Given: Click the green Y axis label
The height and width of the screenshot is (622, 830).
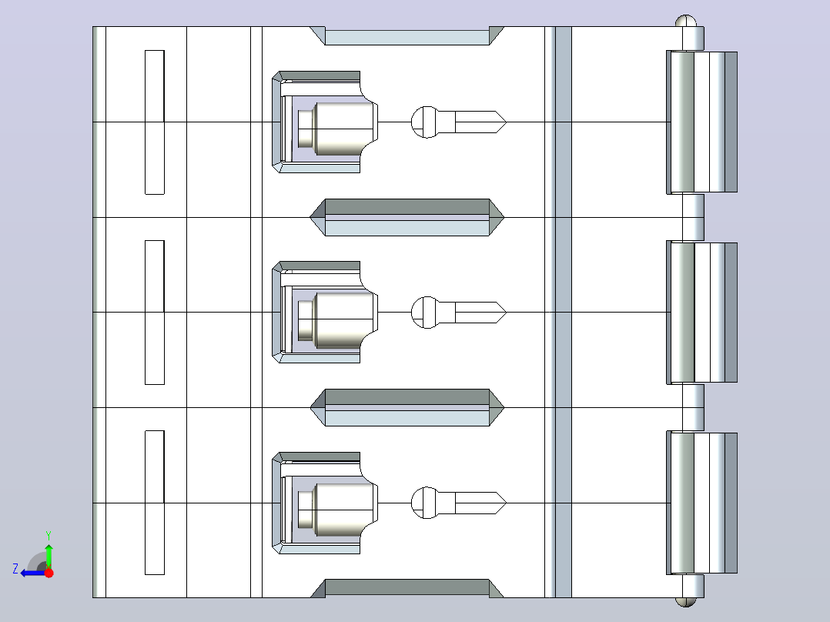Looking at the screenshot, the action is (49, 536).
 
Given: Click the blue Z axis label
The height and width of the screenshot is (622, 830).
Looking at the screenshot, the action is (15, 569).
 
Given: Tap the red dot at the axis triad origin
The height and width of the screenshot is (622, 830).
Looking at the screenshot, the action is (49, 573).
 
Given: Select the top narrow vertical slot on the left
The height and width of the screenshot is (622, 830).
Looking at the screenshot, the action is (155, 122).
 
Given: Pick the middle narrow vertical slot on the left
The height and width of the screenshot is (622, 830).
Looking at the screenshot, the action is (155, 313).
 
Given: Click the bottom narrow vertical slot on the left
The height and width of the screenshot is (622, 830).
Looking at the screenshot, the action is (155, 503).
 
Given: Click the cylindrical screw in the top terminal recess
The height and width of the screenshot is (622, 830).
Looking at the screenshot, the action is (336, 129).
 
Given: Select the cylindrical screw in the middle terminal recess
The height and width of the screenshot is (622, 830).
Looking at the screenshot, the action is (336, 319).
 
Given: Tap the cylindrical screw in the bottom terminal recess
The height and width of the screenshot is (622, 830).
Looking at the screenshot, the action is (336, 509).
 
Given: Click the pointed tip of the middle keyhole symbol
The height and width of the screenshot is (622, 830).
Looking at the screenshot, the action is (506, 313).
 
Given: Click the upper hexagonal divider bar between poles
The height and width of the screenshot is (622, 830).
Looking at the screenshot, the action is (407, 218).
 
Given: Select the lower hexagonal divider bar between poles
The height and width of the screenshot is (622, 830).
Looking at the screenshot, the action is (407, 407).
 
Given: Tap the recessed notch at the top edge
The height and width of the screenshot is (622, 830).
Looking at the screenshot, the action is (407, 35).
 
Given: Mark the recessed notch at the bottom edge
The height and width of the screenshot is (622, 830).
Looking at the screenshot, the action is (407, 589).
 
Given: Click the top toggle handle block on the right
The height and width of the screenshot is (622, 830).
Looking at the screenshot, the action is (702, 122).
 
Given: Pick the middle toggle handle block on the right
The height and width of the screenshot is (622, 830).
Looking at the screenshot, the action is (702, 313).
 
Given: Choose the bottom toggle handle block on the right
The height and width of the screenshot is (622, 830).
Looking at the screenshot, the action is (702, 503).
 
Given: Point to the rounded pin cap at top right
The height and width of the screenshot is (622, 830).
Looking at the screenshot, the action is (686, 21).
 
